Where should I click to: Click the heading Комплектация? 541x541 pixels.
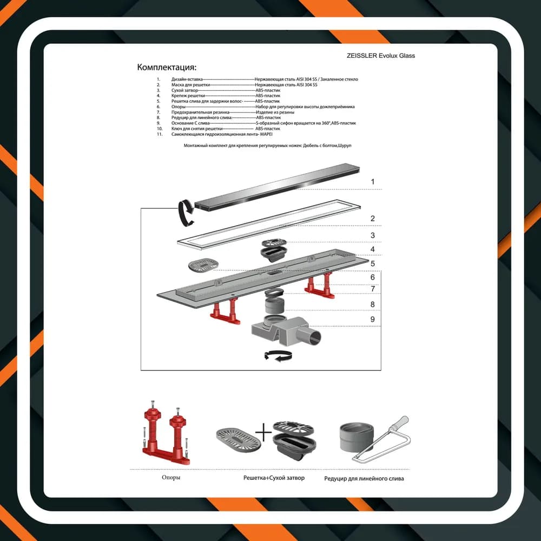click(x=167, y=67)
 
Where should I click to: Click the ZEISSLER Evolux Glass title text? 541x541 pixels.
click(x=380, y=56)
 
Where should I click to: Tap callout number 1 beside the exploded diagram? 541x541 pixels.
click(x=373, y=181)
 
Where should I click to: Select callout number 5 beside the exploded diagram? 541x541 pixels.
click(x=373, y=263)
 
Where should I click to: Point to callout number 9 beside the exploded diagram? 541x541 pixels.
click(x=373, y=319)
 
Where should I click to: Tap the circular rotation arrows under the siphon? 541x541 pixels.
click(x=278, y=356)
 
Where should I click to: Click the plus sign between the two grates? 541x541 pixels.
click(x=263, y=432)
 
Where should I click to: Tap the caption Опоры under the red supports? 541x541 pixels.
click(x=171, y=478)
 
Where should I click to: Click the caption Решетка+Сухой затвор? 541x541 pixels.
click(x=274, y=478)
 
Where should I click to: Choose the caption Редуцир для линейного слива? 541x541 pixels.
click(x=364, y=479)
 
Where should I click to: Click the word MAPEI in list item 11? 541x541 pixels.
click(x=266, y=134)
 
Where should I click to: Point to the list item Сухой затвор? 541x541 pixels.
click(x=184, y=90)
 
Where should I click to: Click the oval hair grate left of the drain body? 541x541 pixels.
click(x=203, y=265)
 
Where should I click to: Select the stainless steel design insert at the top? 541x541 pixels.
click(x=277, y=186)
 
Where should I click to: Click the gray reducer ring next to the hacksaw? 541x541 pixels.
click(x=357, y=438)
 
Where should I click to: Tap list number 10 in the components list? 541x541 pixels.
click(x=160, y=129)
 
